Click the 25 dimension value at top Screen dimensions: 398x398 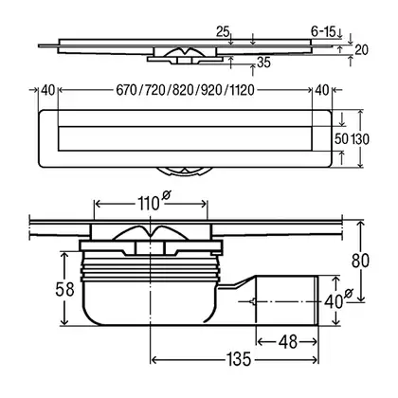[223, 31]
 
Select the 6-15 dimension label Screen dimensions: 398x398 [323, 31]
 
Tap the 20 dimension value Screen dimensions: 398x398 [361, 50]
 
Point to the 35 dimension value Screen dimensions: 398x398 [263, 63]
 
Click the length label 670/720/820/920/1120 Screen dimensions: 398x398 [185, 90]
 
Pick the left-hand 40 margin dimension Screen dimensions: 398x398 [48, 90]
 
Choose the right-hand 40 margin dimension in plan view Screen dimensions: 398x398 [322, 90]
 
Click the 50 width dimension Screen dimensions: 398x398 [341, 138]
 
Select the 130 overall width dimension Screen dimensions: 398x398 [360, 138]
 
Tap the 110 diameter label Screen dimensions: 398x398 [148, 204]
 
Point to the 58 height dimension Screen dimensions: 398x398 [64, 289]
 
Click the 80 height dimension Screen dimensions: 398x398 [360, 261]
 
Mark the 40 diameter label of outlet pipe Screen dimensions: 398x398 [334, 301]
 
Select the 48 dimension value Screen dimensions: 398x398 [288, 342]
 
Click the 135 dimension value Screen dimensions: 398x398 [239, 359]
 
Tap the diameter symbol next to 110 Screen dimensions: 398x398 [166, 195]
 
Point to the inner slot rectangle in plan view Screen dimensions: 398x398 [185, 138]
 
